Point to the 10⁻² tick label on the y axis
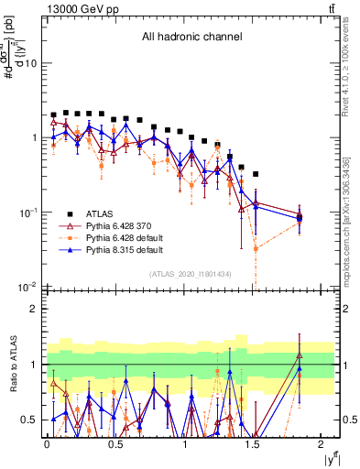pos(27,287)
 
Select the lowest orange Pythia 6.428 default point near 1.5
pos(256,248)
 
